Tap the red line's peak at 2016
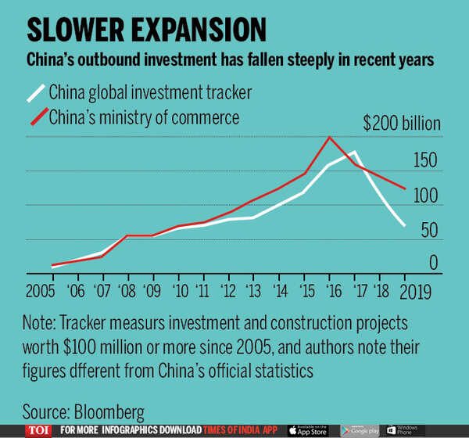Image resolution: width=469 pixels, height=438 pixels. (x=330, y=138)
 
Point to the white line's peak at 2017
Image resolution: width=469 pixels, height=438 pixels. (x=355, y=152)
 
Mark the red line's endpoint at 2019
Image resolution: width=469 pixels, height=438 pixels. (x=405, y=188)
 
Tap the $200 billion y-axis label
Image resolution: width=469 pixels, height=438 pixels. (x=402, y=124)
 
